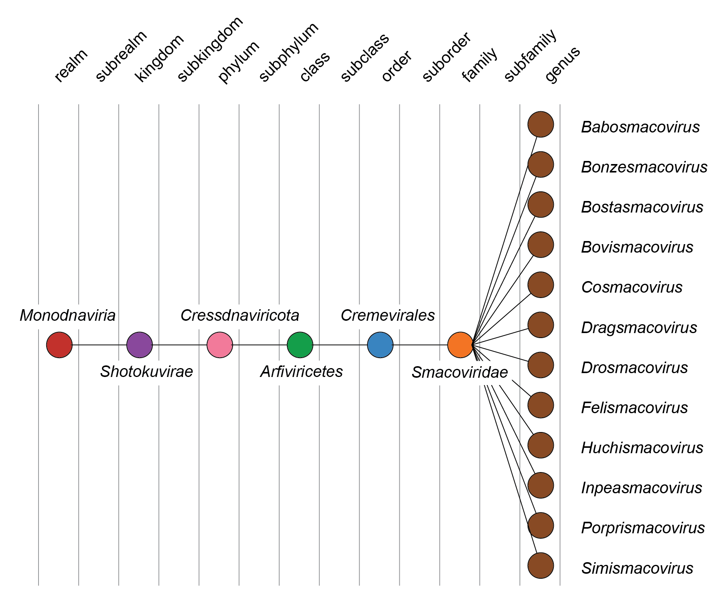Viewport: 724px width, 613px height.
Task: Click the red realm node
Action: click(x=59, y=345)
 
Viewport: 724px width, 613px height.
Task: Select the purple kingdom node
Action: click(x=139, y=345)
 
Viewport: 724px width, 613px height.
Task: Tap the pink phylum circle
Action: click(x=220, y=345)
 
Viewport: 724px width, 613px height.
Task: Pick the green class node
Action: click(x=300, y=345)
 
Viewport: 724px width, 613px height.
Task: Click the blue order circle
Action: click(x=380, y=345)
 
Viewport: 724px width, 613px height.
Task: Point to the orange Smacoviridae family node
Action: click(x=460, y=345)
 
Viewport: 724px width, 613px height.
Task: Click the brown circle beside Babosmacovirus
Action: click(x=541, y=124)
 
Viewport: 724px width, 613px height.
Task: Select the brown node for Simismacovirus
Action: click(x=541, y=566)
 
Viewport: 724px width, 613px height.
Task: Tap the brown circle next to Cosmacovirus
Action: click(x=541, y=285)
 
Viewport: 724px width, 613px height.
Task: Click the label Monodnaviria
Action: click(x=67, y=315)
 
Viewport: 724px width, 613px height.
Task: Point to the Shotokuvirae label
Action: click(x=146, y=372)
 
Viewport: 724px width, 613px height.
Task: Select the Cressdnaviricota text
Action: click(x=240, y=315)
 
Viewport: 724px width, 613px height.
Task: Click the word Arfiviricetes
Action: click(x=302, y=372)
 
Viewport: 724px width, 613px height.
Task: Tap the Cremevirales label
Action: click(x=387, y=315)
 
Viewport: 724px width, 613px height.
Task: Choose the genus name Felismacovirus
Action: click(x=634, y=408)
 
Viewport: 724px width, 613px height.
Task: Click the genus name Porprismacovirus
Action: click(x=643, y=528)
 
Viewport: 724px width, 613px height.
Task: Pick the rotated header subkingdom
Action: click(x=210, y=49)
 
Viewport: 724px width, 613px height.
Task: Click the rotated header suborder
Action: click(x=447, y=57)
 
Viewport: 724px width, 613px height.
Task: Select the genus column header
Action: click(x=562, y=65)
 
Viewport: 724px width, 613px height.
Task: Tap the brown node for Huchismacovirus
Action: click(x=541, y=445)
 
